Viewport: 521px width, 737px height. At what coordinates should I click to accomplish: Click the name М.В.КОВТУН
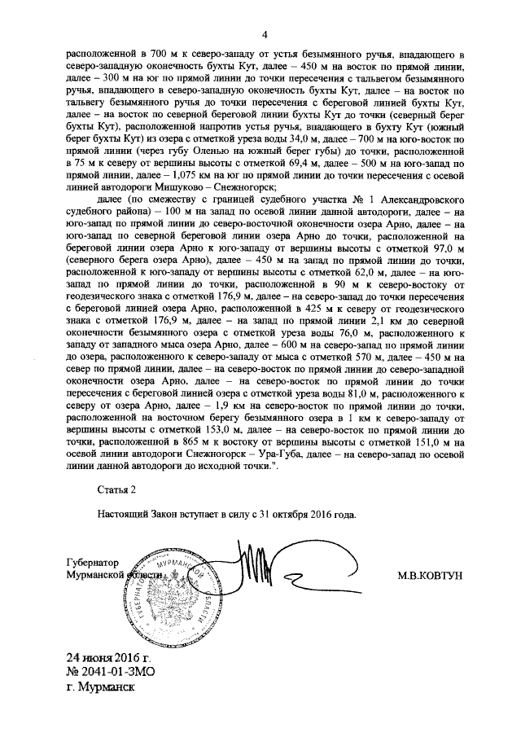click(x=430, y=575)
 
